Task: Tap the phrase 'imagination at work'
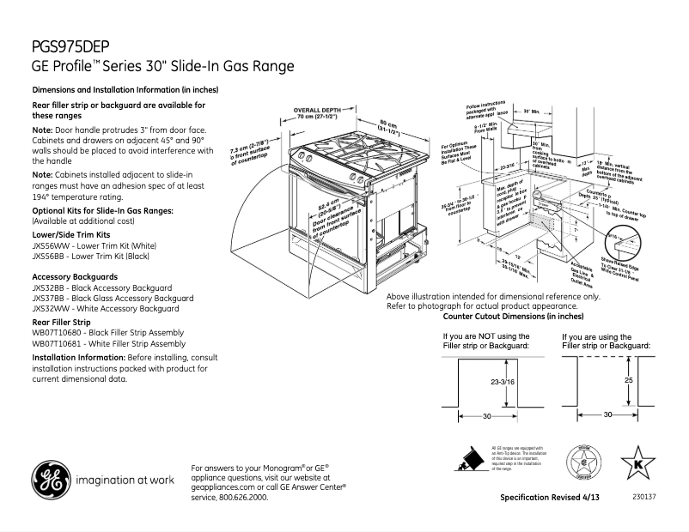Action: pos(125,480)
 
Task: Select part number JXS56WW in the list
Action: pos(52,245)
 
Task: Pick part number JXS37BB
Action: pos(52,298)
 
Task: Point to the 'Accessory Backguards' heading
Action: pos(75,277)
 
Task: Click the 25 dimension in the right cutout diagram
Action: pos(629,379)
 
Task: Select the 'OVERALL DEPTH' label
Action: pos(317,111)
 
